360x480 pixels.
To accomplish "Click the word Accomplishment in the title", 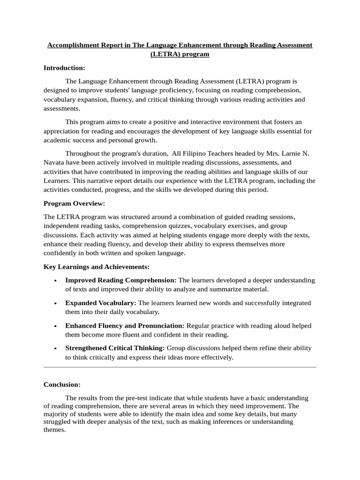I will pyautogui.click(x=73, y=45).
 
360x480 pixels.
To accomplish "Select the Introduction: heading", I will pyautogui.click(x=64, y=67).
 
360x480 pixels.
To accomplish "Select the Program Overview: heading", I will pyautogui.click(x=75, y=203).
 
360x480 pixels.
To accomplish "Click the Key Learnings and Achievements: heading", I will pyautogui.click(x=97, y=266).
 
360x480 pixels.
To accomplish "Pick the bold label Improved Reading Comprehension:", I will pyautogui.click(x=120, y=280).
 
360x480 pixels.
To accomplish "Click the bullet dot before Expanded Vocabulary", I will pyautogui.click(x=56, y=303).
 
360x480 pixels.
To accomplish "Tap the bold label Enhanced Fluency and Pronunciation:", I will pyautogui.click(x=125, y=325).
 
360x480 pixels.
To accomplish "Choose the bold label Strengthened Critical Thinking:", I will pyautogui.click(x=115, y=348).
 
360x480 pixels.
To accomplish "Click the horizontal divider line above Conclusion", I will pyautogui.click(x=180, y=367).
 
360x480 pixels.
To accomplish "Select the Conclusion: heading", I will pyautogui.click(x=62, y=384).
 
